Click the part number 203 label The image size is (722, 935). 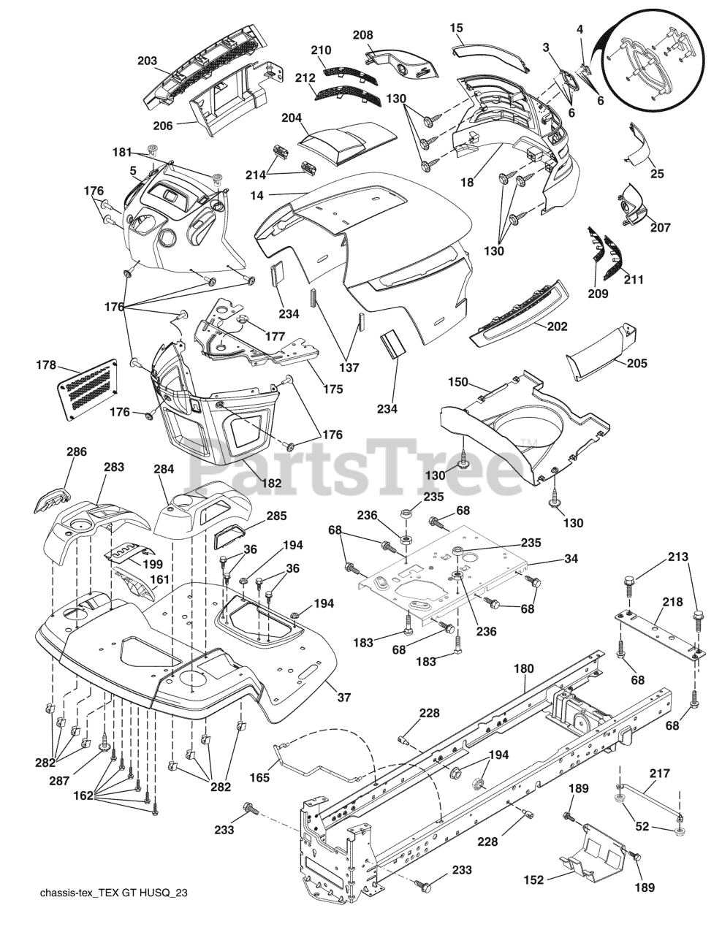tap(147, 61)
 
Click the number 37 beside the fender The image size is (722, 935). tap(344, 698)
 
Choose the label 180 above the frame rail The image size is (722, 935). tap(524, 668)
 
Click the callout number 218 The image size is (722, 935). tap(672, 603)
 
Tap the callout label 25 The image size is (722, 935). tap(657, 173)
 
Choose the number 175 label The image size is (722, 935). tap(332, 389)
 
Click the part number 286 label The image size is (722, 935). tap(76, 452)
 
